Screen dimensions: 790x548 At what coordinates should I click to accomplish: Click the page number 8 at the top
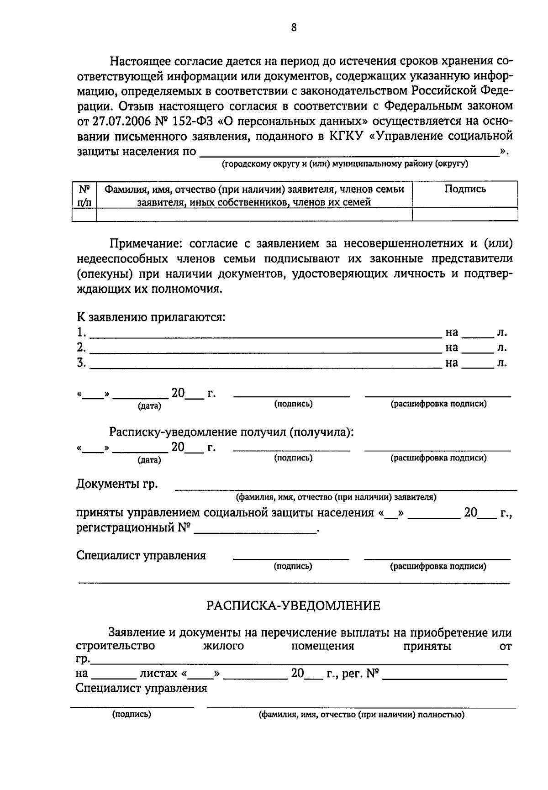pos(294,27)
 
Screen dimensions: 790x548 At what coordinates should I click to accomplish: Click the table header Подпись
pos(465,189)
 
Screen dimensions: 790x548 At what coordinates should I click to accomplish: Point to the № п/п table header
pos(84,195)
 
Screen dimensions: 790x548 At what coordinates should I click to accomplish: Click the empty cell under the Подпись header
pos(465,215)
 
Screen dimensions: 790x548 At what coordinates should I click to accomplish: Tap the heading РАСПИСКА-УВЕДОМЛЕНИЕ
pos(293,606)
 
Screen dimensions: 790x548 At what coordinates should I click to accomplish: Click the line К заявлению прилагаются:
pos(151,317)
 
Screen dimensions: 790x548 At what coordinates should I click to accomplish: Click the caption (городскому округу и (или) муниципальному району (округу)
pos(345,164)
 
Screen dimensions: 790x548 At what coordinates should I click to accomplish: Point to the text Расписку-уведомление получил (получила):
pos(231,432)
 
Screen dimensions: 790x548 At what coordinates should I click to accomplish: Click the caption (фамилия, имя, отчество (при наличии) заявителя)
pos(336,497)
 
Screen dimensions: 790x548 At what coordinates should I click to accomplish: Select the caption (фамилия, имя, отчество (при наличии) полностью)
pos(361,715)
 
